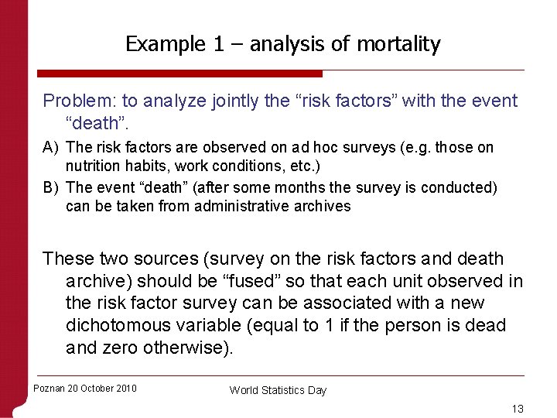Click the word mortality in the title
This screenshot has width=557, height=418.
(398, 44)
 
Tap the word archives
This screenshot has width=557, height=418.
(324, 206)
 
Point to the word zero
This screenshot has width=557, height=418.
(118, 348)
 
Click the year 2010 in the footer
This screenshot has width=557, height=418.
(124, 389)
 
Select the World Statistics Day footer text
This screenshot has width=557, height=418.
(278, 390)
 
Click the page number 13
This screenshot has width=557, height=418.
(518, 408)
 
